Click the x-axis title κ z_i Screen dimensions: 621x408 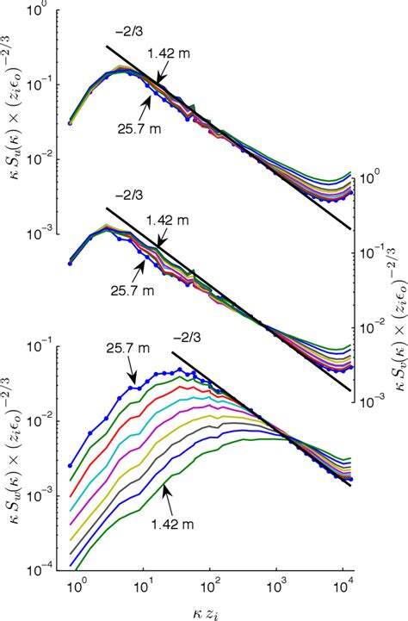(212, 609)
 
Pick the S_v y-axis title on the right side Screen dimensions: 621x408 (395, 284)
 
